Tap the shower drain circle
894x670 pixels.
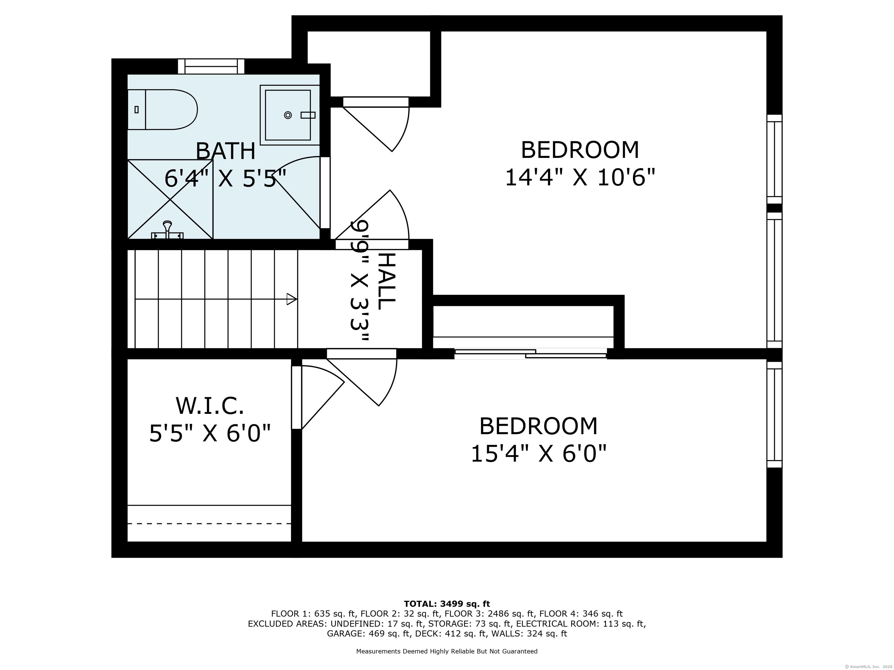[288, 115]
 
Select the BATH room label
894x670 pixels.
[226, 152]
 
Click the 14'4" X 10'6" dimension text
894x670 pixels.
[580, 178]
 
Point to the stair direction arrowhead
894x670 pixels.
[291, 299]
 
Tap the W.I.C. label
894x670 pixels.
[210, 406]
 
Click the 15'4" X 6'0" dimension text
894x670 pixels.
[539, 454]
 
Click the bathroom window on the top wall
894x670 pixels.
[211, 66]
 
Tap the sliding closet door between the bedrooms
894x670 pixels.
[530, 354]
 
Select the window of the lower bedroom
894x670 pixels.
[774, 415]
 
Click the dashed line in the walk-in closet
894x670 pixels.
[209, 523]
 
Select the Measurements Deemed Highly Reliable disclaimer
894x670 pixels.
[447, 651]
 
